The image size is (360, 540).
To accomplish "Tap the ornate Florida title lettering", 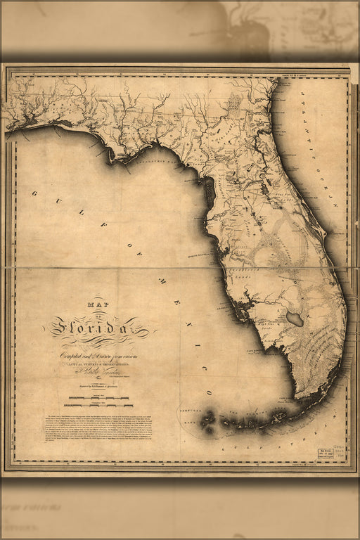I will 98,326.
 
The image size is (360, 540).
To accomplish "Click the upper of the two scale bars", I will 98,399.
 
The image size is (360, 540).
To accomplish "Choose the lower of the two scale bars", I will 98,406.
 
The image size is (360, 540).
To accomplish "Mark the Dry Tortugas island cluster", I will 208,420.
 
